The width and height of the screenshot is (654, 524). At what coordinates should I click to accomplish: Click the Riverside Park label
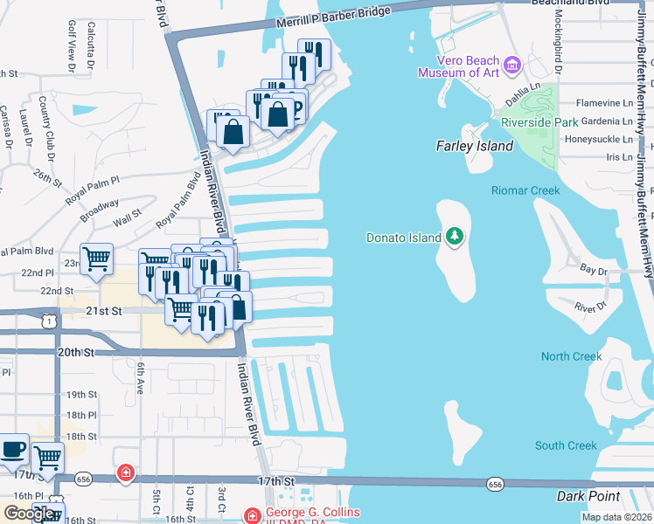[539, 122]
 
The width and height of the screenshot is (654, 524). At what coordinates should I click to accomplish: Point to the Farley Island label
[475, 146]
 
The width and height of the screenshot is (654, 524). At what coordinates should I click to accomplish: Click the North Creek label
[571, 356]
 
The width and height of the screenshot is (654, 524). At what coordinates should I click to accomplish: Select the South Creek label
[566, 445]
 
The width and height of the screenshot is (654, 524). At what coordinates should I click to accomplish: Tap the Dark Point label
[588, 496]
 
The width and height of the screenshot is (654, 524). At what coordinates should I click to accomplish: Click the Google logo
[29, 514]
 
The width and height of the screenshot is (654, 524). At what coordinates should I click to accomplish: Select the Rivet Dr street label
[591, 306]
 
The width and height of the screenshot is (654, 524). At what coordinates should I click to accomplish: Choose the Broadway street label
[100, 207]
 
